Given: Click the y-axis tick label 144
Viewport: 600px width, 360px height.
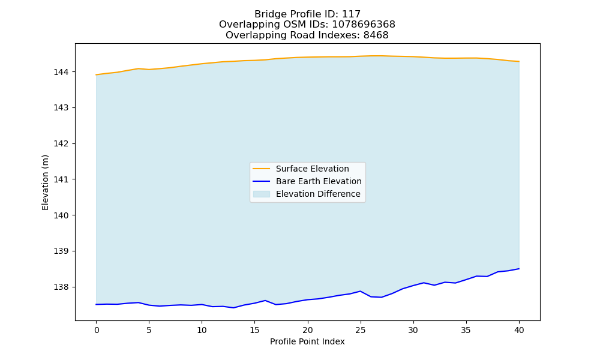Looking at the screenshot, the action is click(61, 72).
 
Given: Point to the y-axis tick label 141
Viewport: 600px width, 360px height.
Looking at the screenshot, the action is click(61, 179).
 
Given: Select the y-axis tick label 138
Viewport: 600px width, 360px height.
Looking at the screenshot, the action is click(61, 287).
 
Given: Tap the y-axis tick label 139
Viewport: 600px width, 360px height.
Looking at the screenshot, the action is click(61, 251).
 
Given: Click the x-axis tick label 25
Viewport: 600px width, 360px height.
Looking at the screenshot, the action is click(361, 330).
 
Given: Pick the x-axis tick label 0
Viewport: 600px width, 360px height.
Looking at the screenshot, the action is click(97, 330).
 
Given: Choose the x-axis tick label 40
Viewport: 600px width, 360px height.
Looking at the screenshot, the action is click(519, 330).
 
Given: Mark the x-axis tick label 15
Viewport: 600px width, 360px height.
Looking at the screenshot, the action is click(255, 330).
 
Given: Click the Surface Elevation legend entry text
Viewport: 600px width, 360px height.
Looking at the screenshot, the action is click(312, 169).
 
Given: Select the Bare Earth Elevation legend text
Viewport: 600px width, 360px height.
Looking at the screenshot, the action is click(319, 181).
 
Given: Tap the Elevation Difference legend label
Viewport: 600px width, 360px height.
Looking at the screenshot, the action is click(318, 194).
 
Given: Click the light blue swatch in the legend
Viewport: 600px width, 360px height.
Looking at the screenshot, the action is click(262, 194).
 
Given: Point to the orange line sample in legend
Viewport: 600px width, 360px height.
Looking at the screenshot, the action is click(262, 169).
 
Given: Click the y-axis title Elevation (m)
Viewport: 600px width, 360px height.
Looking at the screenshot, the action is click(45, 182).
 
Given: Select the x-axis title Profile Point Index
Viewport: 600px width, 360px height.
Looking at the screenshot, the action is click(307, 341).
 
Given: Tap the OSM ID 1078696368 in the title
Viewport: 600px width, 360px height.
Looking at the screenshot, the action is click(364, 25).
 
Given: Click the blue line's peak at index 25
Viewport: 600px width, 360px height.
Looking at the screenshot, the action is click(361, 291).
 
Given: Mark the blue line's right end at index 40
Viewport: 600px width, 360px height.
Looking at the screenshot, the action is click(519, 269).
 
